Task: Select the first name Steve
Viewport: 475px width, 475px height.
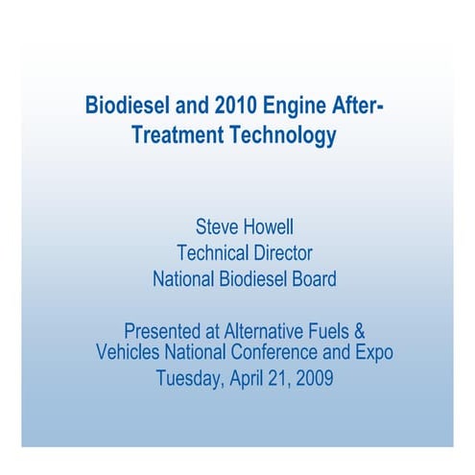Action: click(218, 227)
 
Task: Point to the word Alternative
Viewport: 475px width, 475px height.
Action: click(263, 331)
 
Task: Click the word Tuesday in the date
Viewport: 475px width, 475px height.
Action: click(190, 378)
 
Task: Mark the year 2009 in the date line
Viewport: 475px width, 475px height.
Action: click(313, 378)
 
